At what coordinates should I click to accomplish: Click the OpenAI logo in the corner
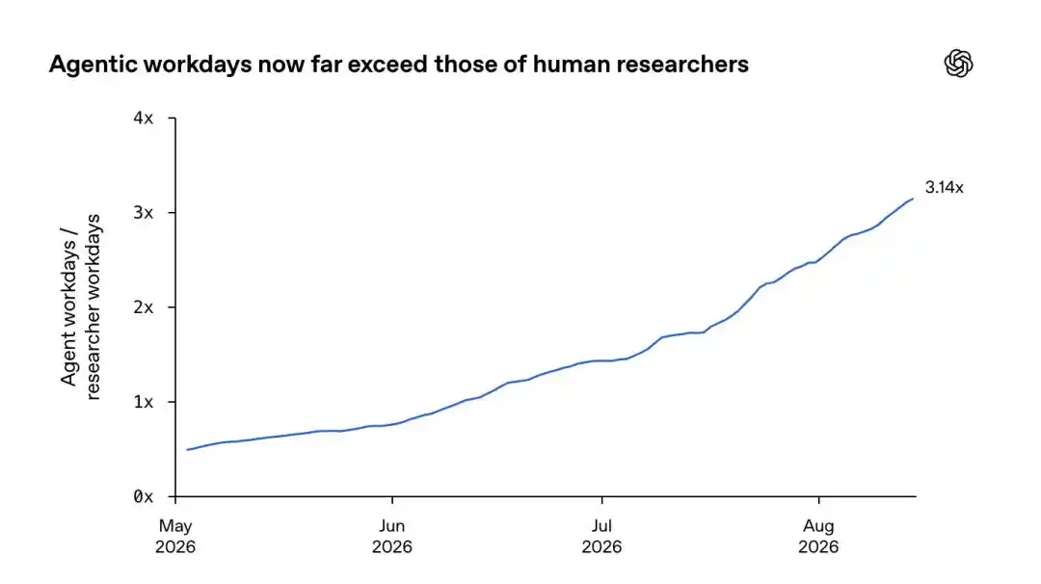tap(958, 64)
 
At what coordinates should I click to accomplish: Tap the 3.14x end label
tap(944, 188)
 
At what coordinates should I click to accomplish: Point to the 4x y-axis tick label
tap(144, 119)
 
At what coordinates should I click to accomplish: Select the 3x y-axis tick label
tap(144, 213)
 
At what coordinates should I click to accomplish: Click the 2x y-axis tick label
tap(144, 308)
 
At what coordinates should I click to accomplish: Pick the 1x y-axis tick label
tap(144, 402)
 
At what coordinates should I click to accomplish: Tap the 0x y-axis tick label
tap(144, 496)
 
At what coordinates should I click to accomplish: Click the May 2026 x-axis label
tap(175, 536)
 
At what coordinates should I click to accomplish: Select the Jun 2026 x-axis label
tap(391, 536)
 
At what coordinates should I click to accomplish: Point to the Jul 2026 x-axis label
tap(601, 536)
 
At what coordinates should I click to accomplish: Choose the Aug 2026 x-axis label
tap(818, 536)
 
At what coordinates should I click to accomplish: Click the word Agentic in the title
tap(93, 65)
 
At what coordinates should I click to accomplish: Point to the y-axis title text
tap(80, 306)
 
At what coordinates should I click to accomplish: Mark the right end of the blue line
tap(913, 199)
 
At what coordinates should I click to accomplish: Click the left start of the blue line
tap(187, 450)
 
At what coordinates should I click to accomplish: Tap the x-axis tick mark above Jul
tap(601, 500)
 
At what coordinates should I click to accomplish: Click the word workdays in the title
tap(198, 65)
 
